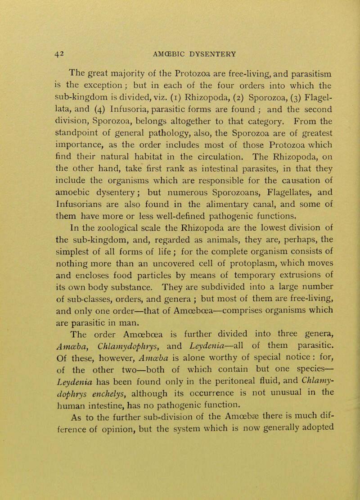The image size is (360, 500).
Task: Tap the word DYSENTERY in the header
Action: point(211,53)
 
